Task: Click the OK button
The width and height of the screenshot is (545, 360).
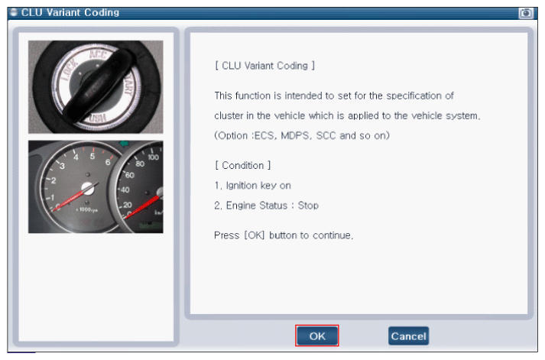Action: tap(317, 336)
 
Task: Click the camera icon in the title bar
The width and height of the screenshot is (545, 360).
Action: tap(526, 13)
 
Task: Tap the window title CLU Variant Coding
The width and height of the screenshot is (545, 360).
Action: tap(70, 12)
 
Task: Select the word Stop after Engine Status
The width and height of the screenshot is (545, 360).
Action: tap(308, 206)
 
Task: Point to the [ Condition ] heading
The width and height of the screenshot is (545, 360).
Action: tap(242, 165)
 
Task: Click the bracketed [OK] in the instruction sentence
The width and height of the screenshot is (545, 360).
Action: tap(254, 235)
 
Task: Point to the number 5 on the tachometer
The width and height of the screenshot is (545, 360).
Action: tap(92, 156)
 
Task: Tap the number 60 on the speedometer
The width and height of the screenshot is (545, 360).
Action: tap(129, 175)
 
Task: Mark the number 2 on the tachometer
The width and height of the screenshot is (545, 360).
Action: tap(54, 180)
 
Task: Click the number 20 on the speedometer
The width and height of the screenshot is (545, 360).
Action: tap(127, 205)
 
